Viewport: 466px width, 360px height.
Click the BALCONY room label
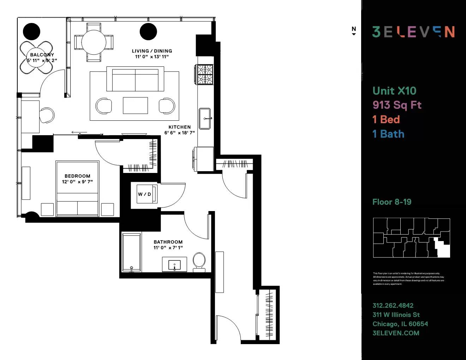(42, 55)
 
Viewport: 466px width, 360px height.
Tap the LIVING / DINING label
(152, 51)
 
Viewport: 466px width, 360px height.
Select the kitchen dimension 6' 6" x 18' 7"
(179, 133)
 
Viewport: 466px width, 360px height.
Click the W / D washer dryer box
(144, 194)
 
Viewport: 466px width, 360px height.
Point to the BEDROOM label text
(77, 176)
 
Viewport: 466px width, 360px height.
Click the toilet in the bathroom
(199, 262)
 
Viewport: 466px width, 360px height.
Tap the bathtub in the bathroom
(131, 252)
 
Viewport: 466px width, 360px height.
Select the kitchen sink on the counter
(205, 119)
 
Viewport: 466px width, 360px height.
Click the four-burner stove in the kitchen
(205, 74)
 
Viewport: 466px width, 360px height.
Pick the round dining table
(94, 42)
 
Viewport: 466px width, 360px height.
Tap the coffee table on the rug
(135, 106)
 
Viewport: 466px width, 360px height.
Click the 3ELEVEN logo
(413, 32)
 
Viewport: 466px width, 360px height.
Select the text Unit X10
(394, 91)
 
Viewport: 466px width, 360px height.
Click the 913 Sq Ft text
(397, 105)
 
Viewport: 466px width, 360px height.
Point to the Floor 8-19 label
(392, 202)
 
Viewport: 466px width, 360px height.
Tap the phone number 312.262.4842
(393, 306)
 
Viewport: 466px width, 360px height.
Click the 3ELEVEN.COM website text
(396, 333)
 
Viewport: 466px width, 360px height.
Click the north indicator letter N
(354, 29)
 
